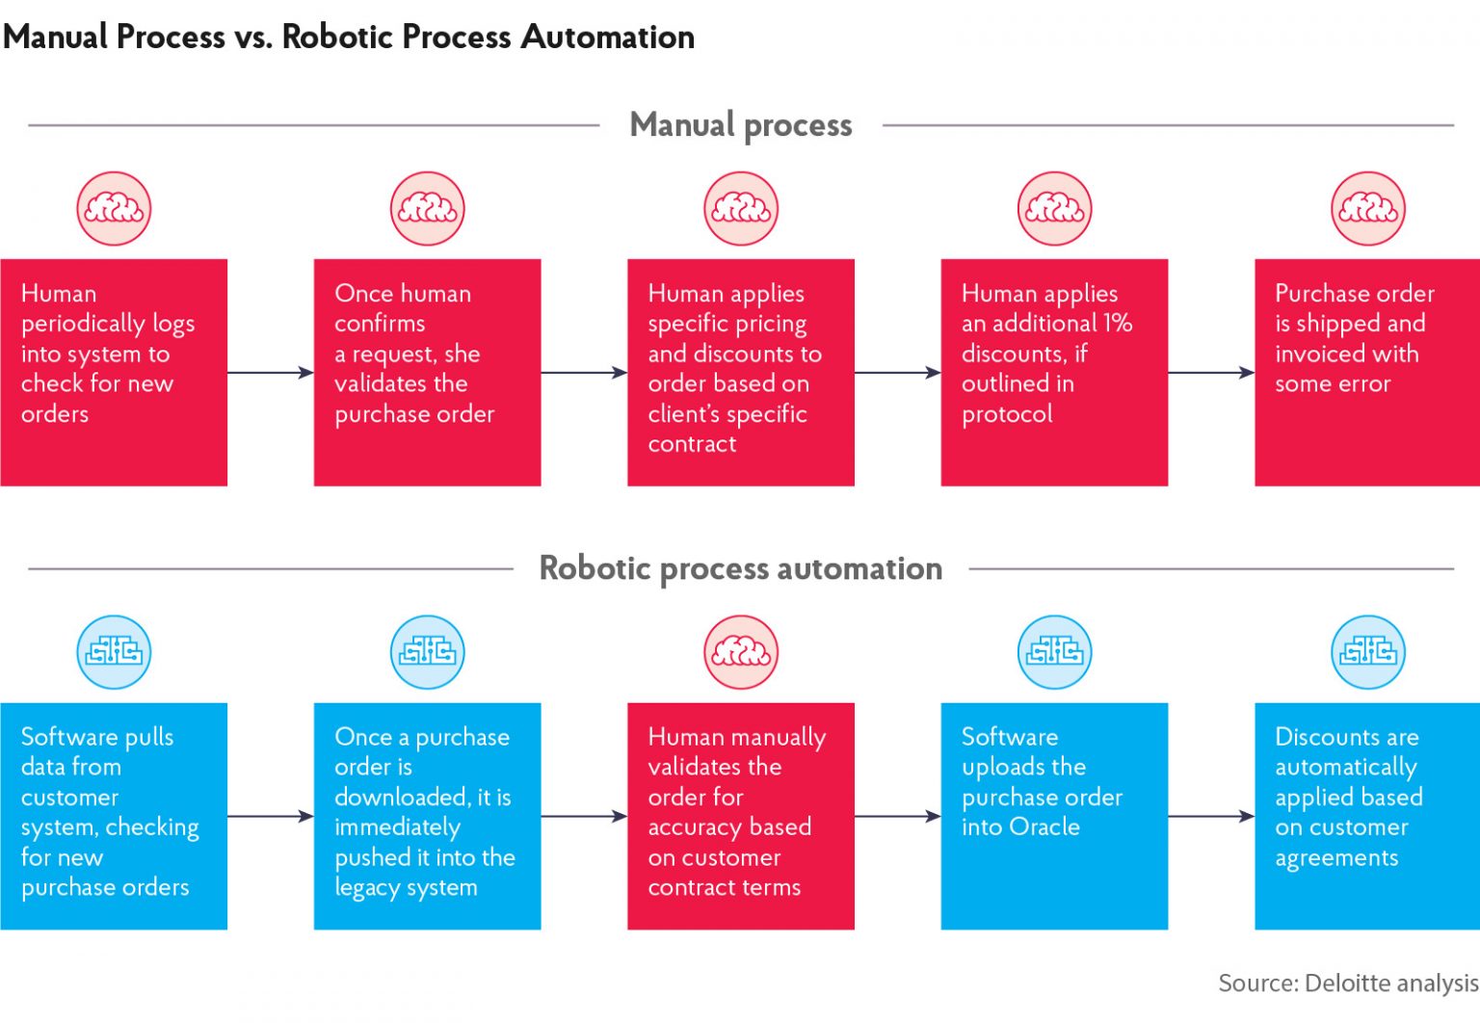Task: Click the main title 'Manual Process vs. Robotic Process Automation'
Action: coord(348,37)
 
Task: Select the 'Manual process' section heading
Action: coord(740,125)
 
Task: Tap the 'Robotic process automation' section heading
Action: coord(740,568)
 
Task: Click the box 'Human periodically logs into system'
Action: coord(113,372)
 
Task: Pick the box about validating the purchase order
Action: coord(427,372)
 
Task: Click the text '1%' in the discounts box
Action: coord(1118,324)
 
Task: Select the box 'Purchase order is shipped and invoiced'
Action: coord(1366,372)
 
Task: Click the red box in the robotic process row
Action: coord(740,816)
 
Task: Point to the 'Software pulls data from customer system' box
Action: coord(113,816)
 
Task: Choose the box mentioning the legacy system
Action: coord(427,816)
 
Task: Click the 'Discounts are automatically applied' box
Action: coord(1366,816)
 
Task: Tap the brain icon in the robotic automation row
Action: coord(740,652)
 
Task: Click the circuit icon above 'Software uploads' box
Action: coord(1054,652)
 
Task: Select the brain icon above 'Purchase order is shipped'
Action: coord(1367,208)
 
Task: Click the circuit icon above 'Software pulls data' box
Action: coord(114,652)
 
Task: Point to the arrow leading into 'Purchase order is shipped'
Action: coord(1211,373)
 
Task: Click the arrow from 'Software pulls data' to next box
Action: coord(271,817)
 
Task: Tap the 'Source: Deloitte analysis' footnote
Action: coord(1347,984)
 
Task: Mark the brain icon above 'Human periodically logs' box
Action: coord(114,208)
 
